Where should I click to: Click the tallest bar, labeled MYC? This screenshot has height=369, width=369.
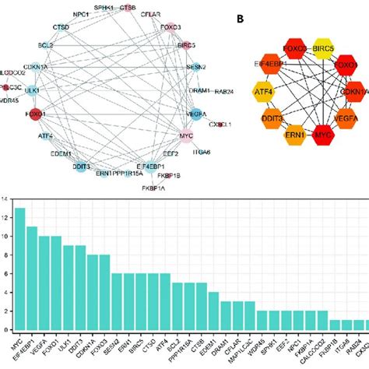20,272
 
